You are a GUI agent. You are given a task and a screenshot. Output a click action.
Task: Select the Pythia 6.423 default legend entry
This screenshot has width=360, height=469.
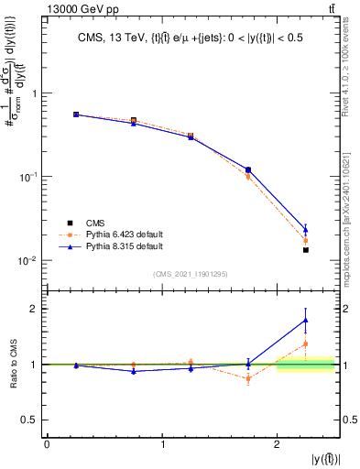pyautogui.click(x=124, y=234)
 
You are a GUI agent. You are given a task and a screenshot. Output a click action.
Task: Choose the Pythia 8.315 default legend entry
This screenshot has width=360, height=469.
pyautogui.click(x=124, y=246)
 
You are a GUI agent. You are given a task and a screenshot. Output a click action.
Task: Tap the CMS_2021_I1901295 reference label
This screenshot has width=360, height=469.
pyautogui.click(x=190, y=274)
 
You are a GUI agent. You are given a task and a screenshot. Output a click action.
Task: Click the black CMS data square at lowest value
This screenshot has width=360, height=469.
pyautogui.click(x=306, y=250)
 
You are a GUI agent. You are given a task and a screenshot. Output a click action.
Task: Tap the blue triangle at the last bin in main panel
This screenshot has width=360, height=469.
pyautogui.click(x=306, y=229)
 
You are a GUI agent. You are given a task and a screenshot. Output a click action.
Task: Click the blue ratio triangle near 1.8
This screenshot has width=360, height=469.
pyautogui.click(x=306, y=320)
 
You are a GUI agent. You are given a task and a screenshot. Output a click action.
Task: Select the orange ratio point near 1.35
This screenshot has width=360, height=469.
pyautogui.click(x=306, y=344)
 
